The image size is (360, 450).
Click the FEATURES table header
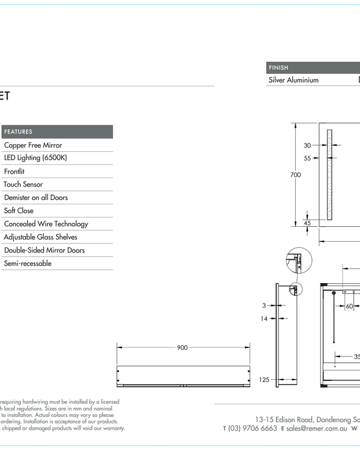tap(19, 132)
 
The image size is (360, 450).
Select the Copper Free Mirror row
tap(33, 145)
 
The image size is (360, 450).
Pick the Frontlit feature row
tap(14, 172)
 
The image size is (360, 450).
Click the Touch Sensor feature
tap(23, 185)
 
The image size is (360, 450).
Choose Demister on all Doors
tap(36, 198)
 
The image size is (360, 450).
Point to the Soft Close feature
tap(19, 211)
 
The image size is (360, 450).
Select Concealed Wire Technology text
tap(46, 224)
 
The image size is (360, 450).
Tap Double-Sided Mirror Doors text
tap(44, 251)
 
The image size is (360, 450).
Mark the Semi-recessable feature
tap(28, 264)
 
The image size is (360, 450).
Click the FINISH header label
tap(278, 68)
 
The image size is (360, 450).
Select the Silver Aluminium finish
tap(293, 80)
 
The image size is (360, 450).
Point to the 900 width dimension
tap(182, 348)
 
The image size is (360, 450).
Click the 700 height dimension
tap(295, 175)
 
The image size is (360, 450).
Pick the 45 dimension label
tap(307, 223)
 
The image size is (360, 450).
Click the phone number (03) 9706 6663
tap(253, 428)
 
